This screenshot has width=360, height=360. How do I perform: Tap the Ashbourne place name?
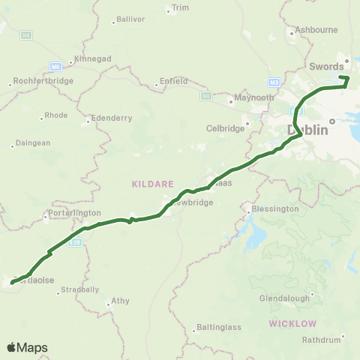(318, 29)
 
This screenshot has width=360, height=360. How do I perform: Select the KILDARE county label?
(153, 183)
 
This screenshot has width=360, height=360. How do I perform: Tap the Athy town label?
(120, 301)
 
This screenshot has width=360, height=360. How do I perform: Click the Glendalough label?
(286, 298)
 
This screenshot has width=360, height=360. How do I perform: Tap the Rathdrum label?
(321, 340)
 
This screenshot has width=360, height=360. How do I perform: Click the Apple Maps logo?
(27, 347)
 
